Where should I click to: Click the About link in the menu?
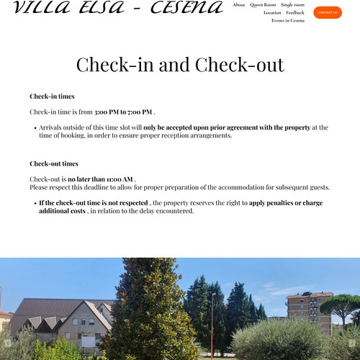[239, 5]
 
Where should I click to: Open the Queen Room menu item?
[263, 5]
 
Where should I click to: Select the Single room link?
[292, 5]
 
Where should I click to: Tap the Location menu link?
[272, 13]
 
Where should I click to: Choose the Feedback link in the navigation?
[295, 13]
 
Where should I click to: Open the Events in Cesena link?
[288, 21]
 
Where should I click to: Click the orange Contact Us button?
[328, 12]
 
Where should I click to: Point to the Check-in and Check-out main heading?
[180, 65]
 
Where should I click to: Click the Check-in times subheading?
[52, 96]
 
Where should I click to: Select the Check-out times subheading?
[54, 163]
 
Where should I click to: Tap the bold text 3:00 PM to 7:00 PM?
[123, 112]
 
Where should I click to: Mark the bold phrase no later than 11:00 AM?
[101, 179]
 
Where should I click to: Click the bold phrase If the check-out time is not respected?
[94, 203]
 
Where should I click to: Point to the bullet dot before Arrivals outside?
[35, 128]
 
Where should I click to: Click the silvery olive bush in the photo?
[277, 338]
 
